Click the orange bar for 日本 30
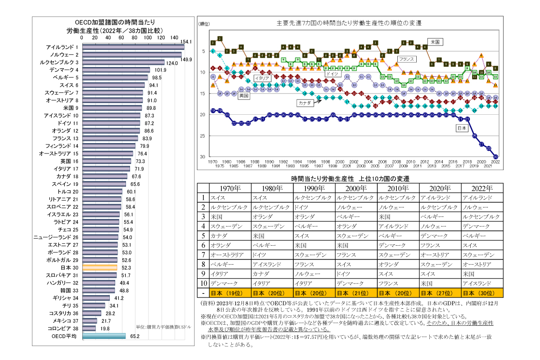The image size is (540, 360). (99, 267)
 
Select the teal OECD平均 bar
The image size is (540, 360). (103, 336)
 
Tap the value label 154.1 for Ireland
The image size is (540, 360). (186, 41)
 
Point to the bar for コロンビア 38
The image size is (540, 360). (88, 328)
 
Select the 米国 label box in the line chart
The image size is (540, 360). (435, 41)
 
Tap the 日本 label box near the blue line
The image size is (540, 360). (461, 127)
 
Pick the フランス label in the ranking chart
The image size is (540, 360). (406, 59)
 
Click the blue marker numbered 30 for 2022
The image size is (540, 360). (495, 156)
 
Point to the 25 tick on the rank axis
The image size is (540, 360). (203, 136)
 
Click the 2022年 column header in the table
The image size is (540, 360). (482, 188)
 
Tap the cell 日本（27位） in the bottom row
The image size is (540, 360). (440, 293)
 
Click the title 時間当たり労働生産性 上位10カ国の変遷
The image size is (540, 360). (350, 178)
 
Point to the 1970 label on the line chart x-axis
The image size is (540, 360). (213, 161)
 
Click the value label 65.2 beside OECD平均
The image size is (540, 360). (135, 336)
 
